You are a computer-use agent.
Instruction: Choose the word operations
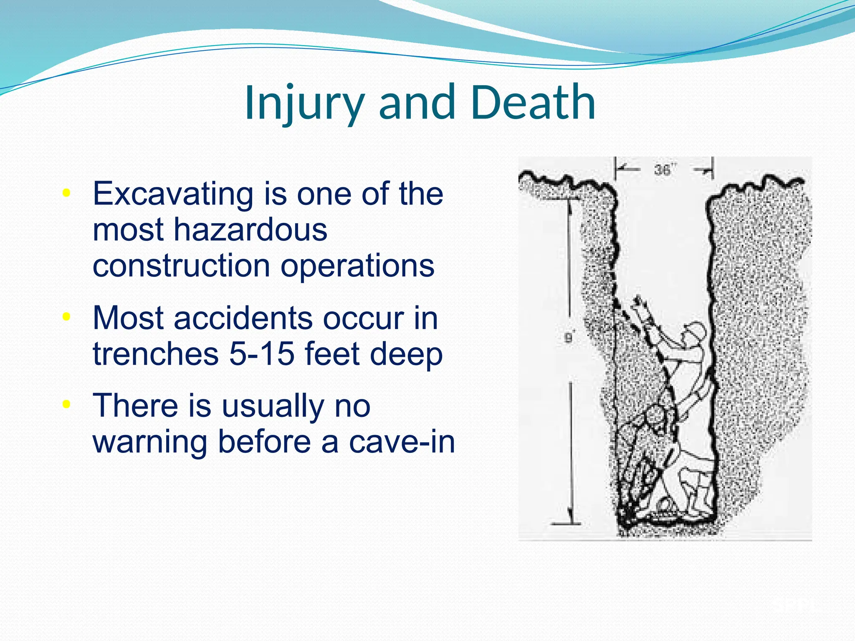pos(357,266)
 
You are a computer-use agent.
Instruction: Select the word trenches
pos(156,354)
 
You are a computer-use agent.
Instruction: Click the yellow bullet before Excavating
pos(66,193)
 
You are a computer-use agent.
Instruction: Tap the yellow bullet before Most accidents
pos(66,317)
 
